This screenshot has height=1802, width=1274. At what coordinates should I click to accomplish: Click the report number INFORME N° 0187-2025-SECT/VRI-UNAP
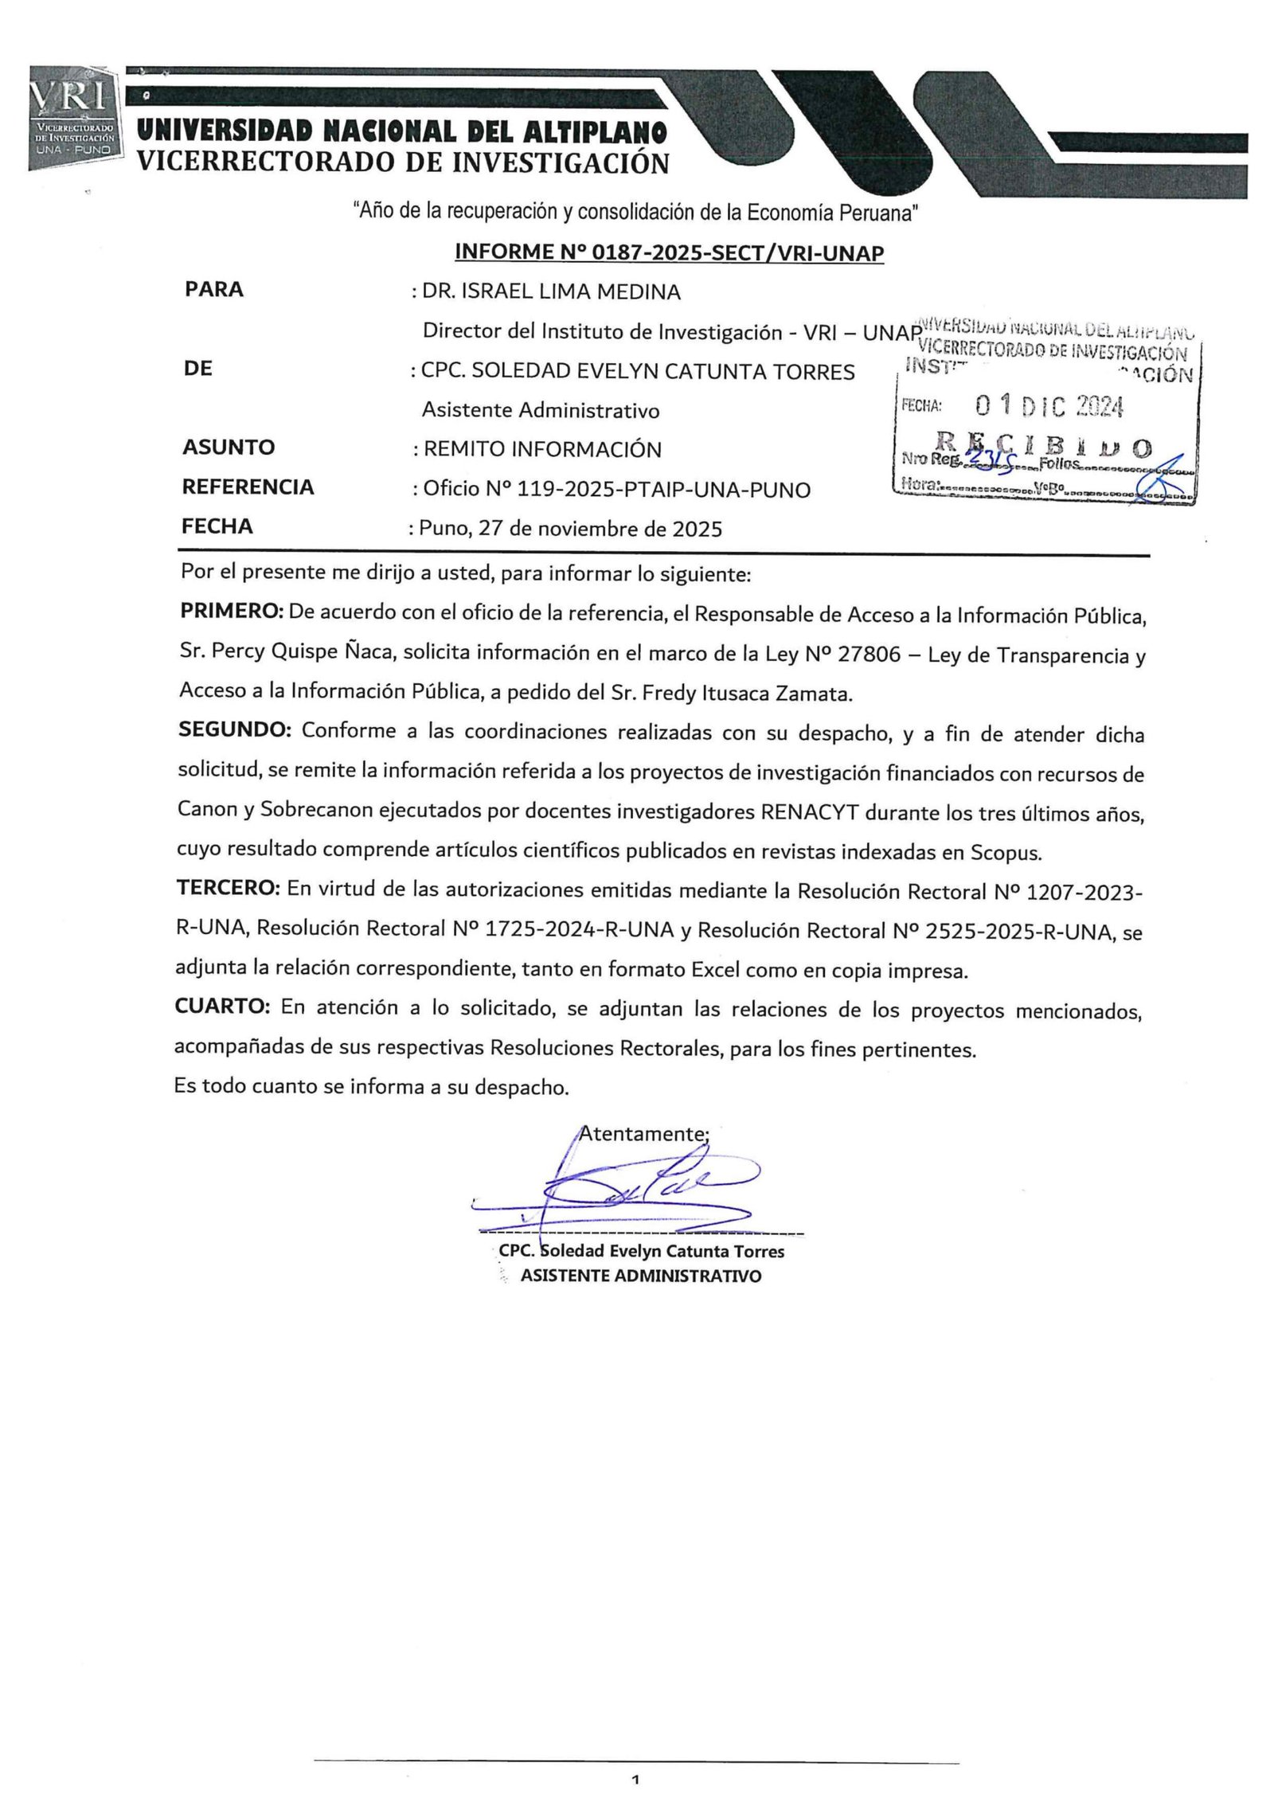click(x=669, y=252)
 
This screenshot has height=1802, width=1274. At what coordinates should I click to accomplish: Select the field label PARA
click(x=213, y=289)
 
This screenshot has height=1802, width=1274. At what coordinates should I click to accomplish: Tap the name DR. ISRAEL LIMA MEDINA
click(x=551, y=291)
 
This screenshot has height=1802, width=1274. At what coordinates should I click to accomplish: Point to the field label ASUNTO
click(x=228, y=448)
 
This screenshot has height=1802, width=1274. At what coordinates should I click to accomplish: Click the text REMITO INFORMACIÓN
click(x=541, y=449)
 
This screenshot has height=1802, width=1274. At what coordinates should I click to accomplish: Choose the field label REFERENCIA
click(x=248, y=487)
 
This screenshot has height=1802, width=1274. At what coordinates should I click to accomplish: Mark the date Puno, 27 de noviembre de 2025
click(x=570, y=529)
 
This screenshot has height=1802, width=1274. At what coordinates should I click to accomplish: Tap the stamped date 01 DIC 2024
click(x=1049, y=407)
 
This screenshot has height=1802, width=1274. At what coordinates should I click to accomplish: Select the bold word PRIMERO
click(x=232, y=612)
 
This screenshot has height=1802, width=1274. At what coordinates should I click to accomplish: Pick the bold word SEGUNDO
click(x=235, y=730)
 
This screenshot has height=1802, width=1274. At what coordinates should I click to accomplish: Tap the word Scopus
click(x=1005, y=853)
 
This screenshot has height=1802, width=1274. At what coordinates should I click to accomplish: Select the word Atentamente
click(x=643, y=1133)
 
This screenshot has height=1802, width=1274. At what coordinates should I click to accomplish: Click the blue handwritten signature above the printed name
click(x=629, y=1194)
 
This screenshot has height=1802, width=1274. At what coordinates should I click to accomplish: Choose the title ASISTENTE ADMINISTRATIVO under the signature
click(x=640, y=1276)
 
